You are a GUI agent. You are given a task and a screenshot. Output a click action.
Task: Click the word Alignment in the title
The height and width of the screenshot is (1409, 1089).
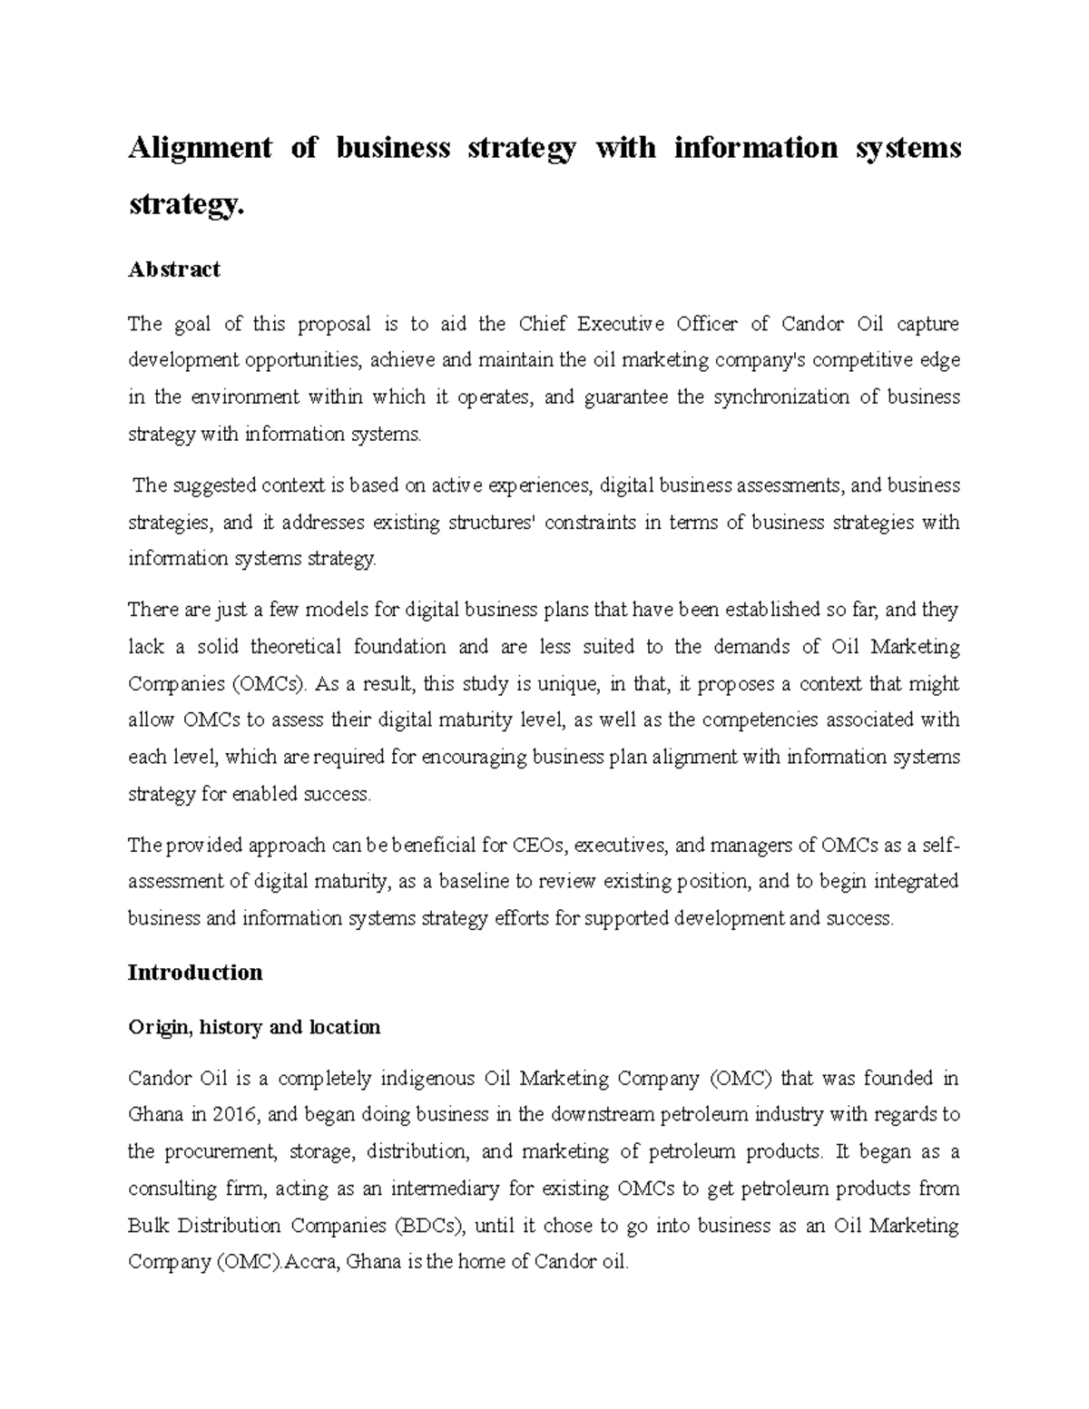pos(200,148)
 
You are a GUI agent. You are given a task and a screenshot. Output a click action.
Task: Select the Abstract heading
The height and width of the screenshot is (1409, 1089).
pos(174,269)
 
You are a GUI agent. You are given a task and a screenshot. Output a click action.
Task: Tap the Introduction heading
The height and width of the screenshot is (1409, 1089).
pos(195,973)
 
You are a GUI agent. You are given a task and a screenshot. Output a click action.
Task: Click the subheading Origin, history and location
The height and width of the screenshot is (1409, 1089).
pos(254,1027)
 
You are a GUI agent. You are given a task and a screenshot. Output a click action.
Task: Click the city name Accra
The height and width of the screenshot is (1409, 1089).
pos(309,1262)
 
